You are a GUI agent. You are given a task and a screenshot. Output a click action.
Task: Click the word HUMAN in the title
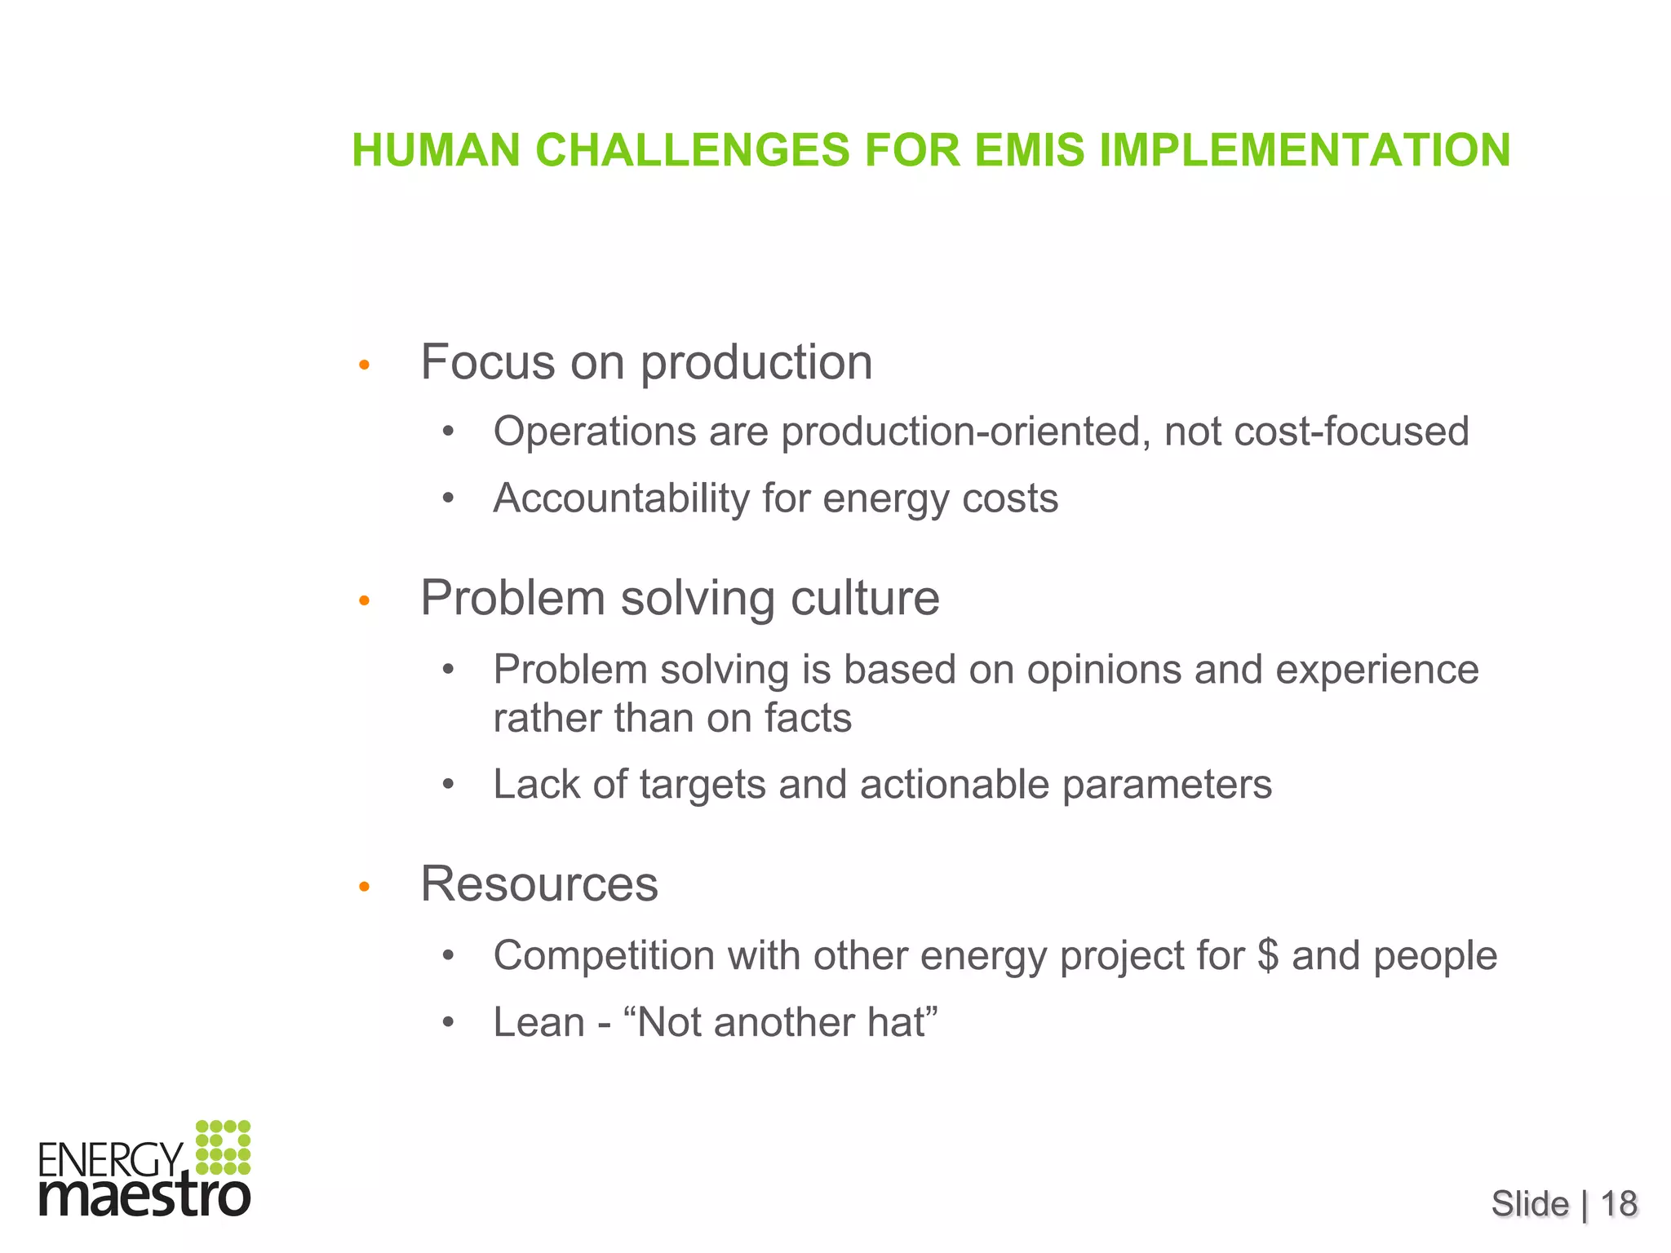pos(437,151)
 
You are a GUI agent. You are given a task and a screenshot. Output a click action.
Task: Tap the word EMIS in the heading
pos(1030,151)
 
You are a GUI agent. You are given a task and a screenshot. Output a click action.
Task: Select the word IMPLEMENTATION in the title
pos(1305,151)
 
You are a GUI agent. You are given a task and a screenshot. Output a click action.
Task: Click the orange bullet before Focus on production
pos(365,365)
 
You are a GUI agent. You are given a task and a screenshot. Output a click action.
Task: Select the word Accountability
pos(620,498)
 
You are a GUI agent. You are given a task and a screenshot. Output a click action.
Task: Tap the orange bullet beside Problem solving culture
pos(365,602)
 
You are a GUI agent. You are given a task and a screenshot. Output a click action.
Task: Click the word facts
pos(808,719)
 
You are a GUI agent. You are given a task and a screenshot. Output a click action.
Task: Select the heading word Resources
pos(539,883)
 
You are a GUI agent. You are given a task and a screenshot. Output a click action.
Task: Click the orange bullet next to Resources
pos(365,888)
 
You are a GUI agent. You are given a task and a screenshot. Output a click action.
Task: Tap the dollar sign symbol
pos(1268,955)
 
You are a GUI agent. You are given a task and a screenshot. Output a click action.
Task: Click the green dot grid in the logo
pos(223,1147)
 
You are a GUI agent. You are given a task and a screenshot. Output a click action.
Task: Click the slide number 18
pos(1619,1204)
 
